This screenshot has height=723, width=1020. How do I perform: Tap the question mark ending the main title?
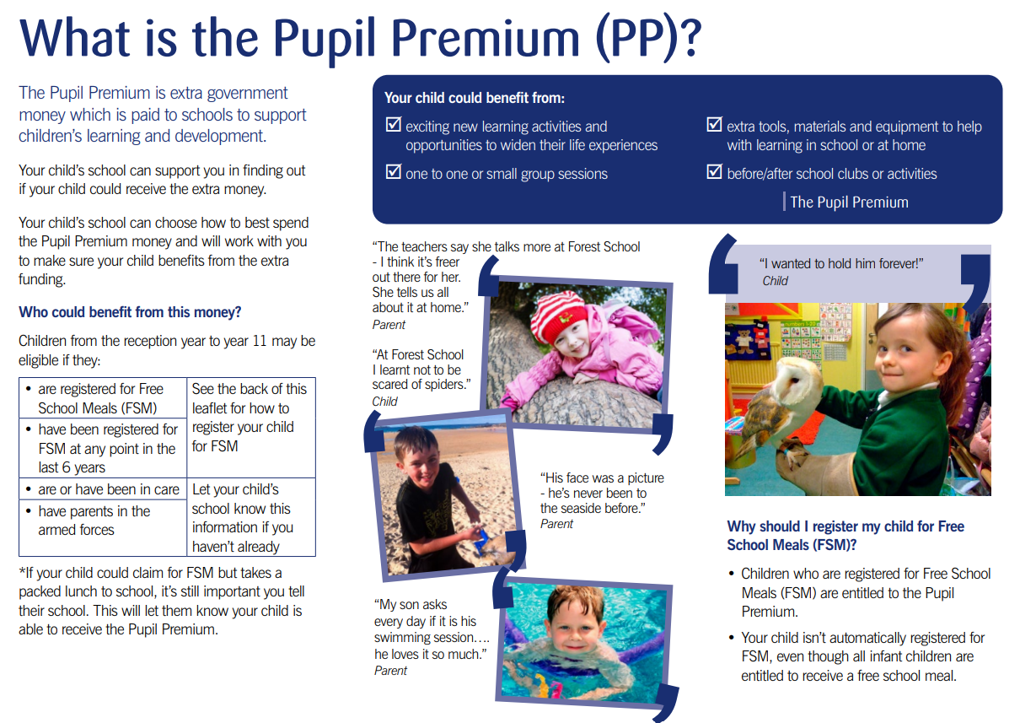coord(687,40)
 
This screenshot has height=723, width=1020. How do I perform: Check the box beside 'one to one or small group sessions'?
coord(393,173)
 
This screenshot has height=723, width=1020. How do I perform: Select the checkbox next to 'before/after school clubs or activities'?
coord(714,173)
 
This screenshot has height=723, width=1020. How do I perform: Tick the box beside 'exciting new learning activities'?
coord(393,126)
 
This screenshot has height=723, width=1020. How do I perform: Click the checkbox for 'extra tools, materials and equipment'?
coord(714,126)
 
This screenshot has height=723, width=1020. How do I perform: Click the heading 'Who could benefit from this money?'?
coord(130,312)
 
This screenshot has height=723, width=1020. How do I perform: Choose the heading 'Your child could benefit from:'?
coord(475,98)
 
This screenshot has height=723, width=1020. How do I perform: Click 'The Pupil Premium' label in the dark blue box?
coord(849,202)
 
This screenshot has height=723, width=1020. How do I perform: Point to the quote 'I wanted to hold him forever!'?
coord(841,264)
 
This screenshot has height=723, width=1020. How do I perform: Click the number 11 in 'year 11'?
coord(287,342)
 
